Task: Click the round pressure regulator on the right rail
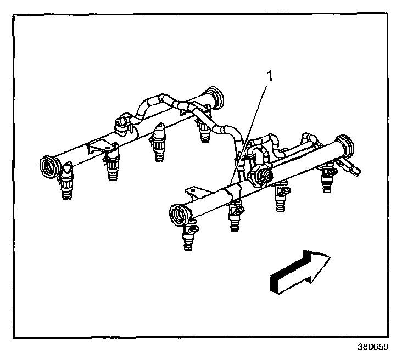coord(263,175)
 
